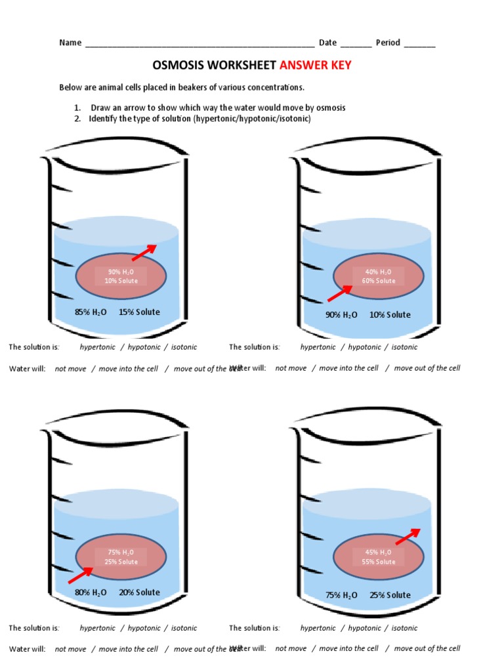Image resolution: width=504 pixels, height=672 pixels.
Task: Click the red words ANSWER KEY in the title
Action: [x=316, y=66]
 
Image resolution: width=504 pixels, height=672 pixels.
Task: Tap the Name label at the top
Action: [x=70, y=43]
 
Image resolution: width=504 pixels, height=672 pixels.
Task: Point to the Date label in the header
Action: [x=327, y=43]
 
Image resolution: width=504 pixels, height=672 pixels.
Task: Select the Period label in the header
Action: [x=387, y=43]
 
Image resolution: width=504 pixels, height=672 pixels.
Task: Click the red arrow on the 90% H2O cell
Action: [x=144, y=253]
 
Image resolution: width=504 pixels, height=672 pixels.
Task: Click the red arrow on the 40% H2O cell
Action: [x=340, y=293]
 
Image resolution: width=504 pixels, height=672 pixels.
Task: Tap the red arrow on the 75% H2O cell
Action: [x=81, y=575]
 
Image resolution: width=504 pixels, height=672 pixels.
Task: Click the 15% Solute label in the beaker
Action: [x=139, y=312]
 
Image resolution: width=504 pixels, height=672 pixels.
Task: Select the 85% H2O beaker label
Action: [x=91, y=312]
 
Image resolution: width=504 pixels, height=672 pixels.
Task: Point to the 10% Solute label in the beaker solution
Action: [x=390, y=315]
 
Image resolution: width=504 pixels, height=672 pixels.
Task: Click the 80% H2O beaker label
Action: [x=91, y=593]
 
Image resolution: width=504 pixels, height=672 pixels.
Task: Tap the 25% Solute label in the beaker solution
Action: [x=390, y=595]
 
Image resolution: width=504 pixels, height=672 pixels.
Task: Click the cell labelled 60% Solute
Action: [x=378, y=277]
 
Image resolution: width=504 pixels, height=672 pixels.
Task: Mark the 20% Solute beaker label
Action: [x=139, y=593]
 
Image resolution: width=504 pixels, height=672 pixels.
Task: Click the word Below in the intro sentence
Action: [x=70, y=87]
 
